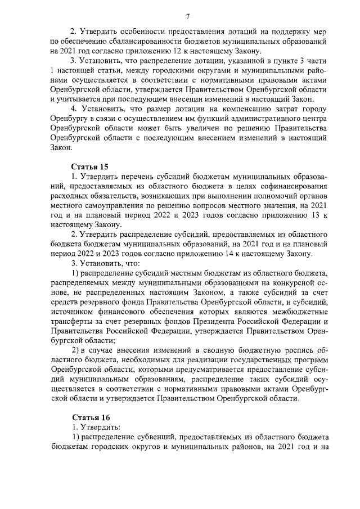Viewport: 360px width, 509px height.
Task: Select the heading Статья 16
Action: coord(89,417)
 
